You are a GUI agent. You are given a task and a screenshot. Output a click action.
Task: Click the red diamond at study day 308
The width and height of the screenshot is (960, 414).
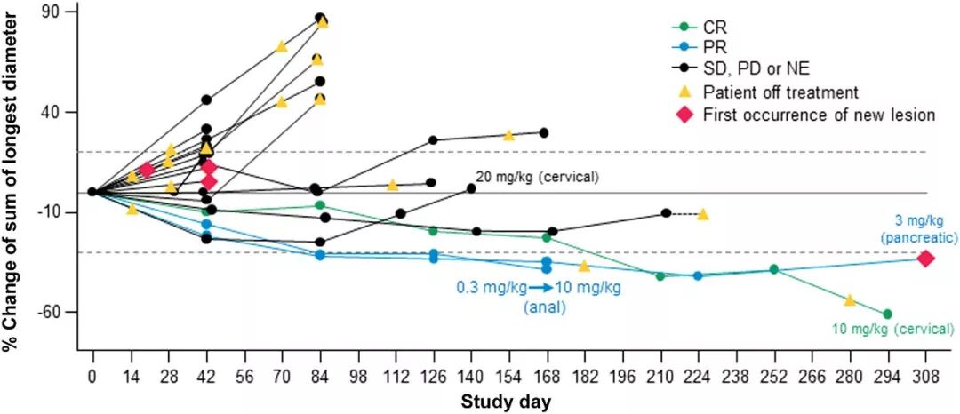[x=925, y=258]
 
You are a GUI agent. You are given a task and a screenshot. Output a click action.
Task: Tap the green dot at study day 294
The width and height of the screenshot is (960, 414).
[x=887, y=314]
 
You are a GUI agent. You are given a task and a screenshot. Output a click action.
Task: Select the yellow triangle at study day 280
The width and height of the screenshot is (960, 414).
[x=849, y=300]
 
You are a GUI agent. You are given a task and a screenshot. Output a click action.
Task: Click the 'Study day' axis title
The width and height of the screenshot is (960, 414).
[x=505, y=402]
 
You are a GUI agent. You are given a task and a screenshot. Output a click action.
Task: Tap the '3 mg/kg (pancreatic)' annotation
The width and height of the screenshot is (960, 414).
[x=918, y=229]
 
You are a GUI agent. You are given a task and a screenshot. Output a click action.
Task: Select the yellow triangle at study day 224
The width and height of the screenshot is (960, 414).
[x=703, y=214]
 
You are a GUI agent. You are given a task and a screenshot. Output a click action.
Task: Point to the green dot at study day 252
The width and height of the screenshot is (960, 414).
[x=773, y=268]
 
